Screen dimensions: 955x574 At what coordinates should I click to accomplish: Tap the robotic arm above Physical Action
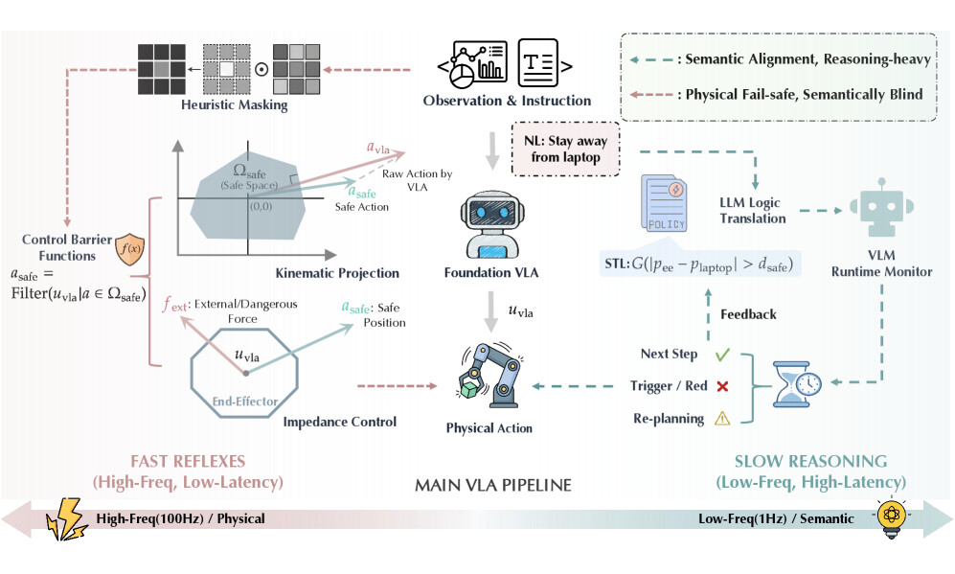pos(489,376)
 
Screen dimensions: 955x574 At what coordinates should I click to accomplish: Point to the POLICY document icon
pos(664,203)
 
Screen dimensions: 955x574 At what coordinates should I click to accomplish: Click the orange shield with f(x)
pos(129,248)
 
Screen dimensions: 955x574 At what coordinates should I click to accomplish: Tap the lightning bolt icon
pos(66,519)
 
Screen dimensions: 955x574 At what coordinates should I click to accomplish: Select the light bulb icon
pos(891,518)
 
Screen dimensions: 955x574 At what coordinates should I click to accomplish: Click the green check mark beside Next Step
pos(722,354)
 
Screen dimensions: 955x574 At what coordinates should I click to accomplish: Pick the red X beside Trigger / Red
pos(722,386)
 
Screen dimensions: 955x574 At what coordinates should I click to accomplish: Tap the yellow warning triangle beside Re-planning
pos(722,419)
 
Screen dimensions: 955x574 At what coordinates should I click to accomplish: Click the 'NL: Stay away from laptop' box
pos(566,149)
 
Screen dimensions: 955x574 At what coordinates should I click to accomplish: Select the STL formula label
pos(699,264)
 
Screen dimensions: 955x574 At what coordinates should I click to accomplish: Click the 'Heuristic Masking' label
pos(235,104)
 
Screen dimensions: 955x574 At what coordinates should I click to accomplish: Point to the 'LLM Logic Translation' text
pos(753,210)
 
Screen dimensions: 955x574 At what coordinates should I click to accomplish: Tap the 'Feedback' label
pos(748,314)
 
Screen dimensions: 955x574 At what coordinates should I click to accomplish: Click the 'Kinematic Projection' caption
pos(337,273)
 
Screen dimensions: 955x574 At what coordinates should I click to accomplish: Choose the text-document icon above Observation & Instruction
pos(538,62)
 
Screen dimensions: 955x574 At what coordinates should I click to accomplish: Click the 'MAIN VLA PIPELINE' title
pos(493,485)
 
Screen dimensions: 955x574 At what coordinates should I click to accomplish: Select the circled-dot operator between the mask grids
pos(261,69)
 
